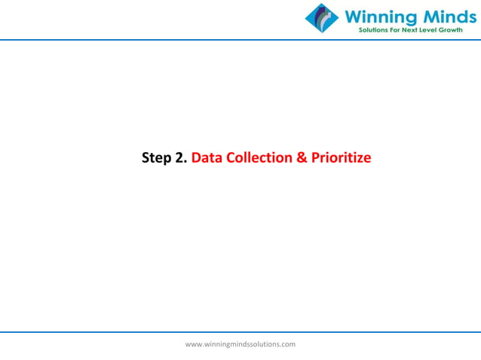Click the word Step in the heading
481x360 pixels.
coord(157,159)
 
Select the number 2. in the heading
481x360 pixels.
coord(182,159)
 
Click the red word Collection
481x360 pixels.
coord(257,159)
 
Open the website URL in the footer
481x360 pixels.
coord(240,344)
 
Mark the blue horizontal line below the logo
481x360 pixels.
coord(151,39)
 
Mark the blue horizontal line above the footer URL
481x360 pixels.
coord(240,331)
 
